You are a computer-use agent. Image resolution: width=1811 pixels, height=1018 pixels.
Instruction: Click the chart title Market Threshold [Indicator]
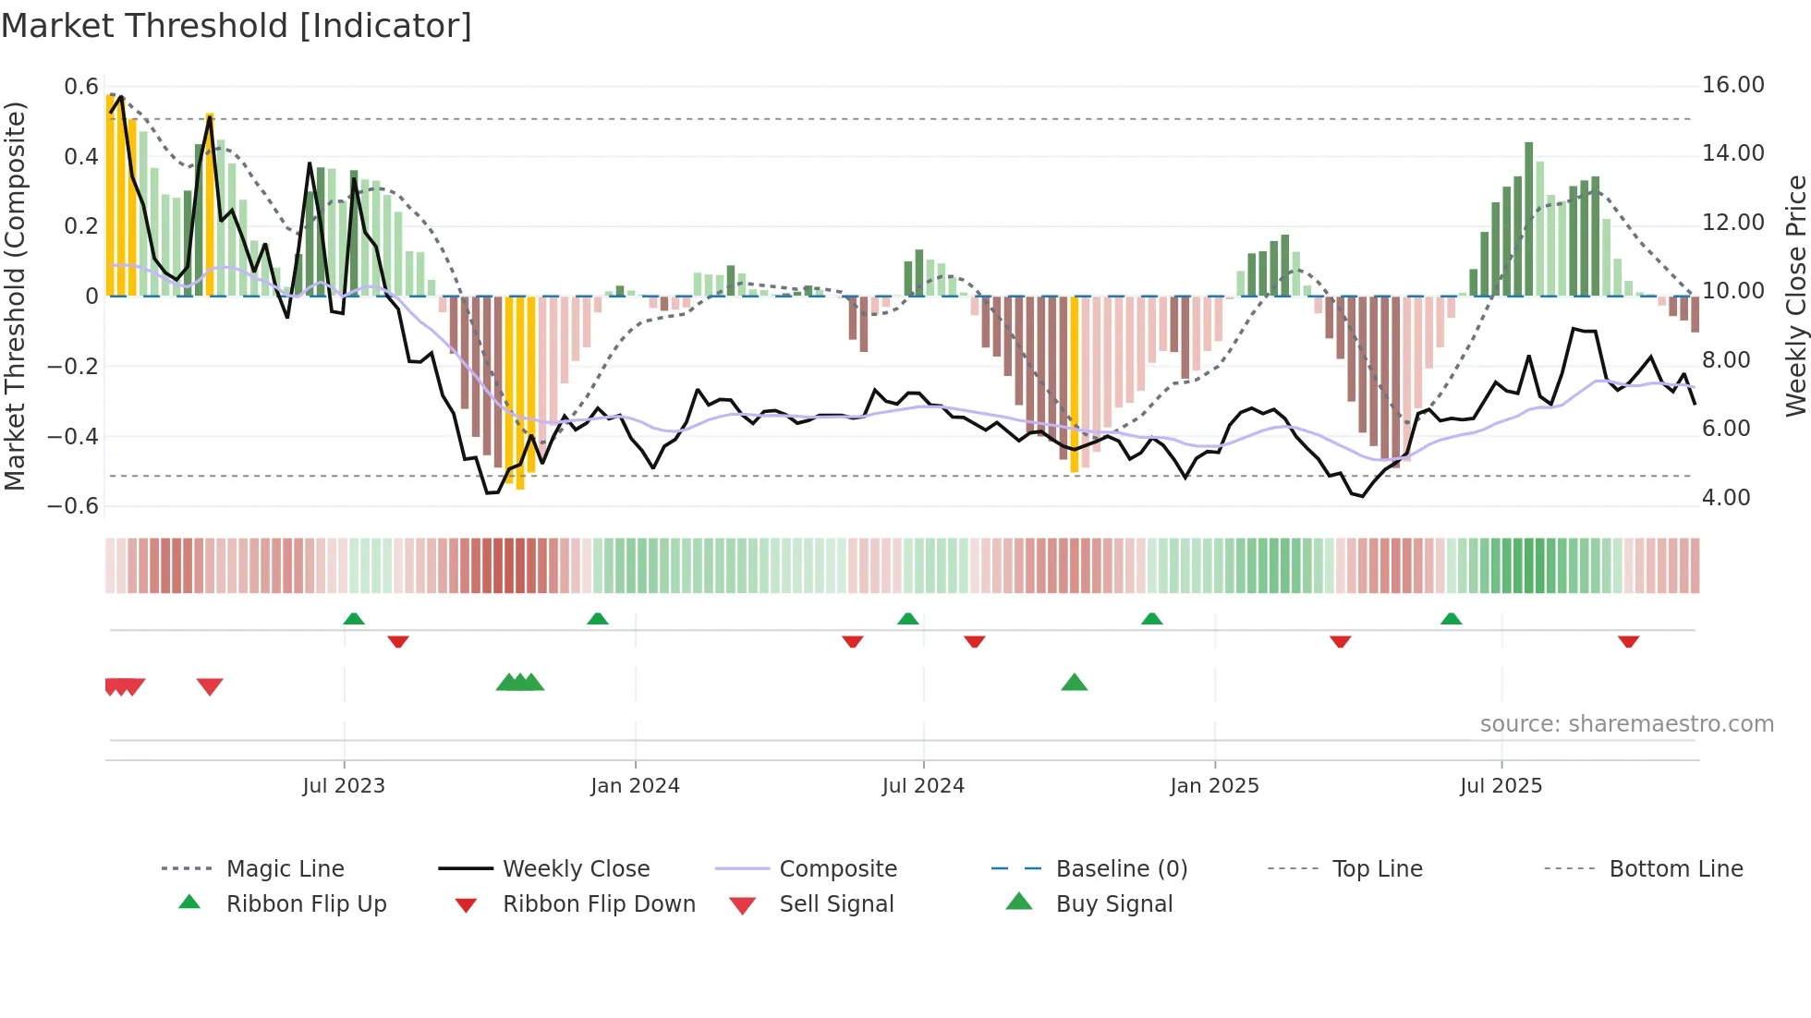(237, 26)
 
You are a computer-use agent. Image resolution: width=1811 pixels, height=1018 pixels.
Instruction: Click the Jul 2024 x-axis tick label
(923, 786)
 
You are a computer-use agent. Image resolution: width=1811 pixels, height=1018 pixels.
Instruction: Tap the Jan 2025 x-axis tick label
(1214, 786)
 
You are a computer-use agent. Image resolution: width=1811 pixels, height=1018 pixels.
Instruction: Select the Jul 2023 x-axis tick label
(344, 786)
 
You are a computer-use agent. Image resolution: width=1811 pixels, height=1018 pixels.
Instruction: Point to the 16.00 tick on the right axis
(1732, 85)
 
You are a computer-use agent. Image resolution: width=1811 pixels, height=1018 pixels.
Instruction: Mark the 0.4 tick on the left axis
(80, 157)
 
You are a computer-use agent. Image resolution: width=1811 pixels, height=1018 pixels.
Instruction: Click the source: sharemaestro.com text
(1626, 724)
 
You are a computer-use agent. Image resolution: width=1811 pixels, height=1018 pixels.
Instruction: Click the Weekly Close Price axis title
(1795, 296)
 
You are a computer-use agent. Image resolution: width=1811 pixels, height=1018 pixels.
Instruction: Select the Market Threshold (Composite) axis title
(15, 296)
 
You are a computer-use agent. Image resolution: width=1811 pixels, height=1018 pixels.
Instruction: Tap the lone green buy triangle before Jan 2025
(1074, 683)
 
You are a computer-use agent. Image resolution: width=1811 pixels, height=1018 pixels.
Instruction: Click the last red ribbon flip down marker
(1628, 641)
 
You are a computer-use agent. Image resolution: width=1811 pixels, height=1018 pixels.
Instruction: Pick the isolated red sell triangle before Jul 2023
(210, 686)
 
